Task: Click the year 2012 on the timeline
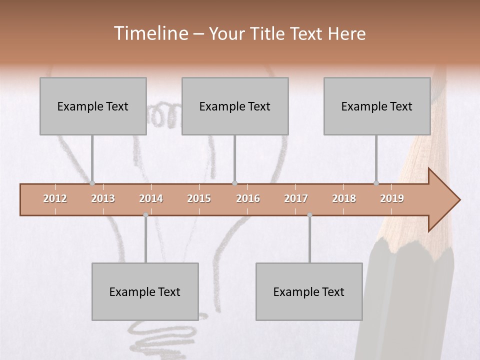55,198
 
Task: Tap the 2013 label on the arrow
103,198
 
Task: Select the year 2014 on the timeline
151,198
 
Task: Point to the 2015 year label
199,198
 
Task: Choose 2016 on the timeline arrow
248,198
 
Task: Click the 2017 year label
296,198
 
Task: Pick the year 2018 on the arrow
344,198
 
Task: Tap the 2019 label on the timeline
392,198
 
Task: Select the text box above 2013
93,106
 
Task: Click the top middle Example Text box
235,106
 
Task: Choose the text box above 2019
377,106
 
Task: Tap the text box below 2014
145,291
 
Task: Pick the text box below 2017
309,291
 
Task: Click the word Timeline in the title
150,33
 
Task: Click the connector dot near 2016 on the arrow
234,183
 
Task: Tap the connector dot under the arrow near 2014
145,215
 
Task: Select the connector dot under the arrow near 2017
309,215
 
